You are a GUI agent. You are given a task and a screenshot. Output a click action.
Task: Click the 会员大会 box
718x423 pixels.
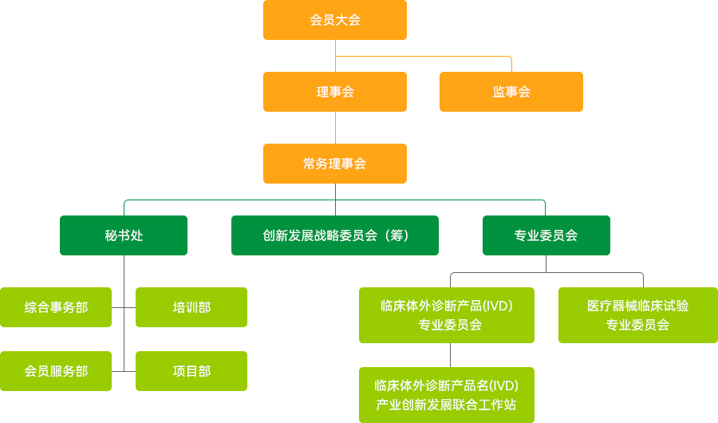(335, 20)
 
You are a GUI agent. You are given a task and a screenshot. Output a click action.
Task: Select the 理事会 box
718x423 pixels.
(335, 92)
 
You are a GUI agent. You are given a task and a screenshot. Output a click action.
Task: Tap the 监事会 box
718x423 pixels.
(511, 92)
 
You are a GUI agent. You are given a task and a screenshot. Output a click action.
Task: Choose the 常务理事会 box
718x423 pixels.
(335, 164)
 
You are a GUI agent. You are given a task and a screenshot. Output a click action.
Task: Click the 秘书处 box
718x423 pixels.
(124, 235)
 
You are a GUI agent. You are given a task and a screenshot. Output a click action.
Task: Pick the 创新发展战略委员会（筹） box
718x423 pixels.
(335, 235)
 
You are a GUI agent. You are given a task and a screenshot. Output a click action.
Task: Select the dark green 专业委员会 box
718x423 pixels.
(546, 235)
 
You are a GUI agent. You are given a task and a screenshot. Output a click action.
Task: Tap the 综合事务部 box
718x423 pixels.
(56, 307)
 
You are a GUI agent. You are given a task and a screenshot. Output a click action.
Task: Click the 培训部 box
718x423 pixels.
(191, 307)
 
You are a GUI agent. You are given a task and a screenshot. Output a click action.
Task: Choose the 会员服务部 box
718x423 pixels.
(56, 371)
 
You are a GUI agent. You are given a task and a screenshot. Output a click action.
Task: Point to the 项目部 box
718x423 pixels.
(191, 371)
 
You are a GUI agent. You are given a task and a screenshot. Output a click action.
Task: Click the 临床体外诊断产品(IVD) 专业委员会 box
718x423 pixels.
(447, 315)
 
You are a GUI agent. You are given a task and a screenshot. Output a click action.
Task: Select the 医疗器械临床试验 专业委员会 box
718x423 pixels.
(638, 315)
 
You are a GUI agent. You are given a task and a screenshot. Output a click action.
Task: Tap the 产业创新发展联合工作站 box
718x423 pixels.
(447, 395)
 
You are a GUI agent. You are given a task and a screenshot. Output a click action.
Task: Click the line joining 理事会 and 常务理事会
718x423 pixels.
(335, 128)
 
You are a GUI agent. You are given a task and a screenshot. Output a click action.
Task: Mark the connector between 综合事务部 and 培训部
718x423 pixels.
(124, 307)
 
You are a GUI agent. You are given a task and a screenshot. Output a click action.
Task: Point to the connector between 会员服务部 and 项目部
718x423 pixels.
(124, 371)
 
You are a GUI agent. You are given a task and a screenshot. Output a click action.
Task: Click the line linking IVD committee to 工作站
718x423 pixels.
(451, 355)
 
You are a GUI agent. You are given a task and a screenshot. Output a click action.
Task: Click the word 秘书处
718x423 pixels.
(124, 235)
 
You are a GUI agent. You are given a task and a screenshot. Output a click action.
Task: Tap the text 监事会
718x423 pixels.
(511, 92)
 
